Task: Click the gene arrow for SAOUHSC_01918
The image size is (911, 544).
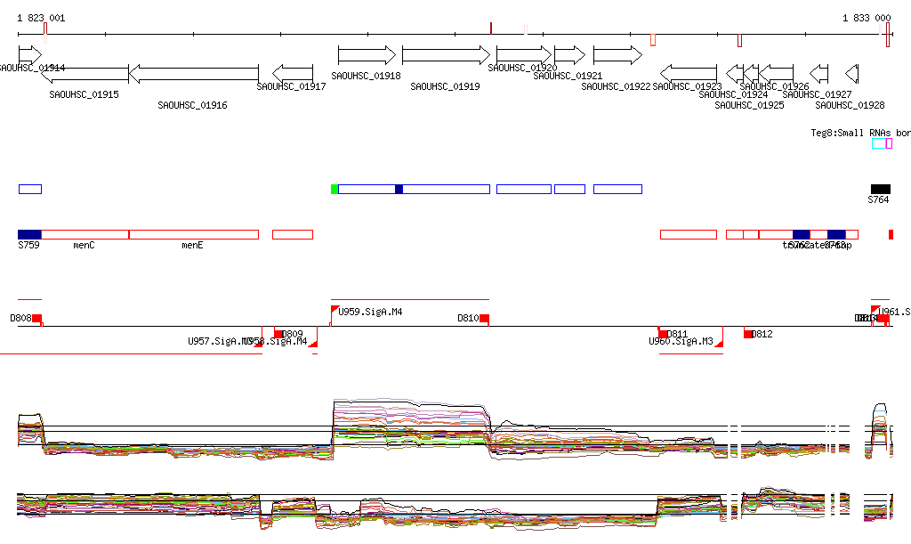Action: [x=367, y=55]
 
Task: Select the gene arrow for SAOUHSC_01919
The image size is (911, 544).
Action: [x=446, y=55]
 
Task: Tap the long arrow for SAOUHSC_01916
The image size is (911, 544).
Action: [x=194, y=72]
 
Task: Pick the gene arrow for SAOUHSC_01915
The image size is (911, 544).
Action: [x=85, y=72]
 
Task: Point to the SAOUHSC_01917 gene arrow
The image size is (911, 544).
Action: [x=293, y=72]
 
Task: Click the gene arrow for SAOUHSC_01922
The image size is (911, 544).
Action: [x=617, y=55]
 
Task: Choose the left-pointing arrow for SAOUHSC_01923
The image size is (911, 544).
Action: [x=689, y=72]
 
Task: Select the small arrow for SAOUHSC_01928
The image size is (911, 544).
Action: [x=851, y=72]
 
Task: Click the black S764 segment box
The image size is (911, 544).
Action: [x=880, y=189]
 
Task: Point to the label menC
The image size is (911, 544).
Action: [x=84, y=245]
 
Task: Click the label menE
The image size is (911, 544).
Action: [x=192, y=245]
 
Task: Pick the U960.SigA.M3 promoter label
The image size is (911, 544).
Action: [x=681, y=341]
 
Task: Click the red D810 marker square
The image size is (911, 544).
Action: [x=484, y=319]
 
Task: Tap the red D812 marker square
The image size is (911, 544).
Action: [x=749, y=334]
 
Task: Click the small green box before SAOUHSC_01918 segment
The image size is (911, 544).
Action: [x=335, y=189]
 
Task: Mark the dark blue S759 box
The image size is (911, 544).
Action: [x=29, y=234]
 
